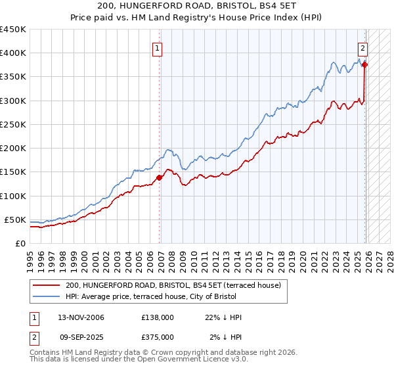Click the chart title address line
click(197, 7)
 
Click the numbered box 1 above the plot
click(158, 47)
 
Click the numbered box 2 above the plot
click(362, 47)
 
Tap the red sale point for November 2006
click(159, 177)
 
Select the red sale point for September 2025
click(365, 64)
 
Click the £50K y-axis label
click(16, 219)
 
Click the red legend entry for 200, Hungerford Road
click(173, 285)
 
